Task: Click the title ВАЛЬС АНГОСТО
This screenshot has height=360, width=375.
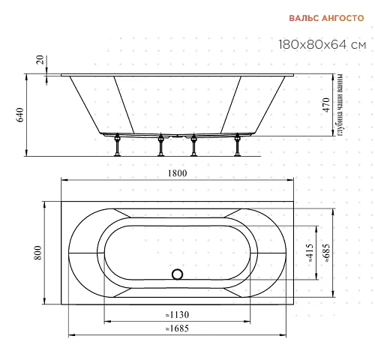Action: coord(326,18)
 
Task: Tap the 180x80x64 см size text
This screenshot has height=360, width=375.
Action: coord(322,45)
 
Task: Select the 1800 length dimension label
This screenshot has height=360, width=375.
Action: coord(177,173)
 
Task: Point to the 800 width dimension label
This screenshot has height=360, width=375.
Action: coord(37,253)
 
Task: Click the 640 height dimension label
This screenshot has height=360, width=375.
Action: coord(20,115)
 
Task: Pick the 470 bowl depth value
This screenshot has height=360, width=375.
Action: coord(326,105)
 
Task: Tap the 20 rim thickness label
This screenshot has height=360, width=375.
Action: coord(40,60)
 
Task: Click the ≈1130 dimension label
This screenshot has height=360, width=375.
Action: coord(177,315)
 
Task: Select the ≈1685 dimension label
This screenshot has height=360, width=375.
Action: coord(177,328)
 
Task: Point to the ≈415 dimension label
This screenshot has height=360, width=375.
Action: coord(310,253)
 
